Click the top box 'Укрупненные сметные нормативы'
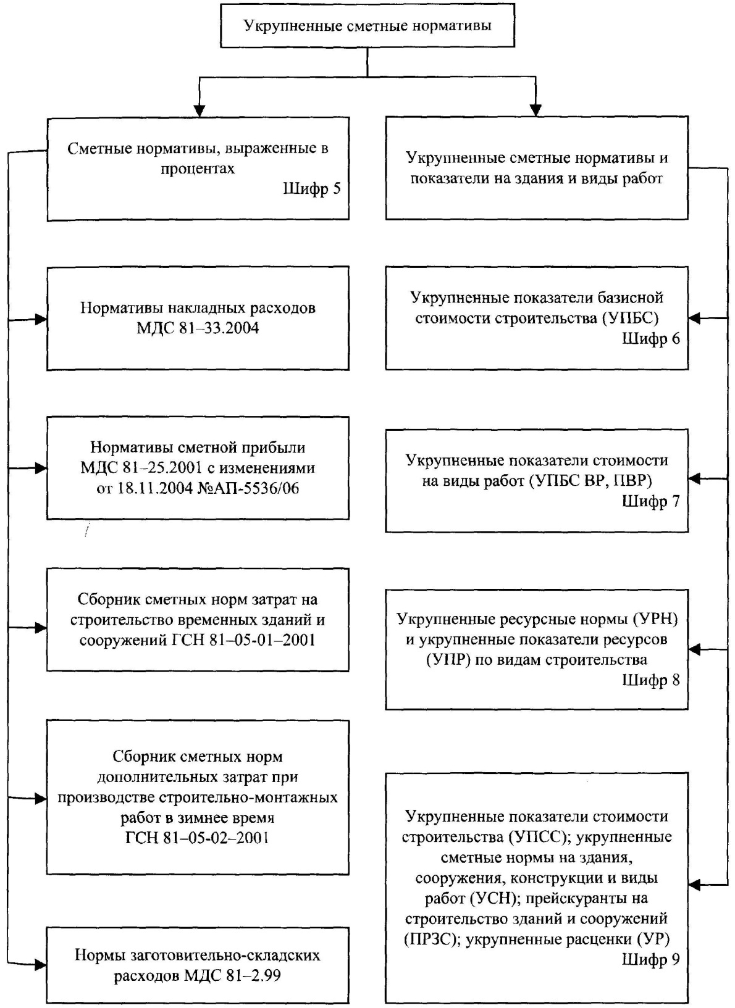[367, 25]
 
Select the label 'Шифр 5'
[312, 188]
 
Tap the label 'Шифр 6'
[651, 338]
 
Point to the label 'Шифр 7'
[651, 501]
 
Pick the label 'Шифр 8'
[651, 680]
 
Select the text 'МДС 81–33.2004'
[198, 328]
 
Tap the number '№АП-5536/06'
[248, 488]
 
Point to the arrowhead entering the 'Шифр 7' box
[695, 479]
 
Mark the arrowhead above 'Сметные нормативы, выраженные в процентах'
[199, 110]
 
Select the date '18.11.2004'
[155, 488]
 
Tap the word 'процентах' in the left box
[198, 169]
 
